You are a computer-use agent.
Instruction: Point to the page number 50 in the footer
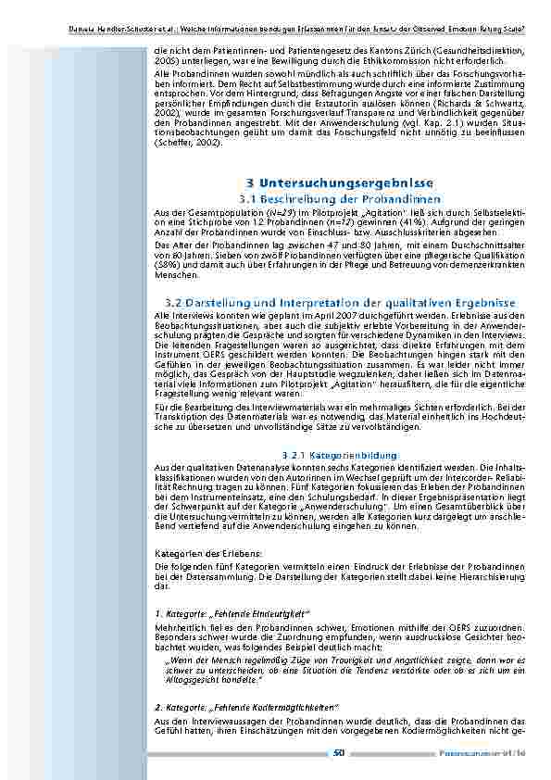[x=339, y=753]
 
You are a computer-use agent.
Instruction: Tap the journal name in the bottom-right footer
[x=495, y=753]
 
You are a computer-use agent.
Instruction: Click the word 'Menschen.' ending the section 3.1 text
[x=169, y=275]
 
